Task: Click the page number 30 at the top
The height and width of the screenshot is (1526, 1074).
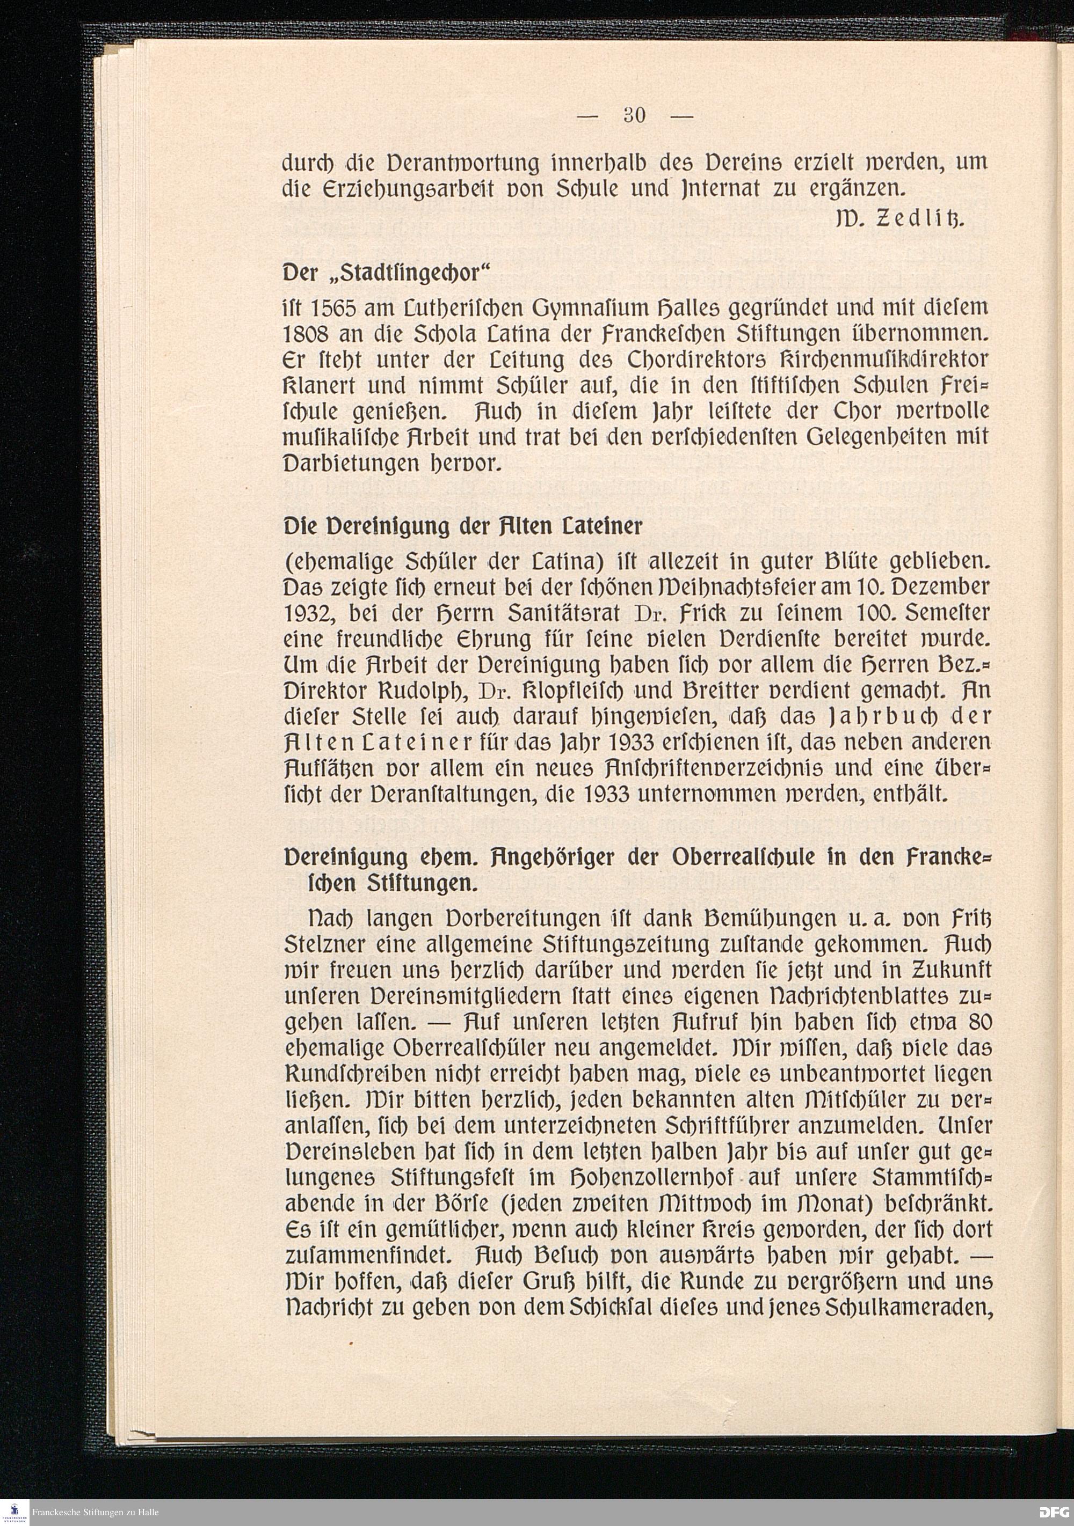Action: pos(635,116)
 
